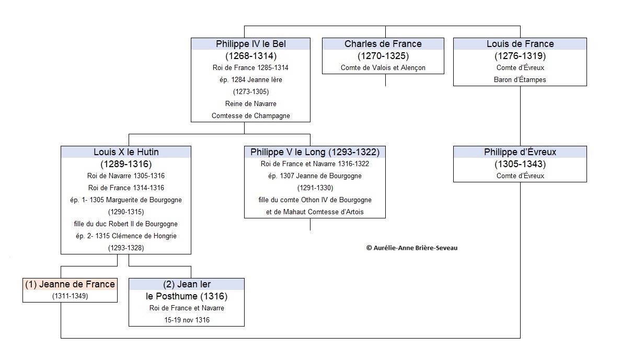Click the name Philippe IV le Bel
pos(251,44)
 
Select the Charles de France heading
pos(383,44)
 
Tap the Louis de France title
pos(520,44)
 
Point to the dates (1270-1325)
pos(383,56)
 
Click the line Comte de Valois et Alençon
pos(383,68)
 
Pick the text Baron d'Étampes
pos(520,79)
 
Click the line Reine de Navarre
pos(251,104)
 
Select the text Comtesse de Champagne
pos(251,115)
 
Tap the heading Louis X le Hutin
pos(126,152)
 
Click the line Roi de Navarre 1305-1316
pos(126,176)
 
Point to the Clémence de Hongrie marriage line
pos(126,236)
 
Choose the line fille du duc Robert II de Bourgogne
pos(126,224)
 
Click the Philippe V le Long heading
pos(315,152)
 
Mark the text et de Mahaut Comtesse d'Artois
pos(315,212)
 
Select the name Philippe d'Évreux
pos(520,152)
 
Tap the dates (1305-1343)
pos(520,164)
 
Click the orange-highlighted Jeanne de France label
pos(70,284)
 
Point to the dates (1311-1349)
pos(70,296)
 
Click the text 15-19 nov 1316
pos(187,320)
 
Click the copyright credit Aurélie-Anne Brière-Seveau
pos(412,248)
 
